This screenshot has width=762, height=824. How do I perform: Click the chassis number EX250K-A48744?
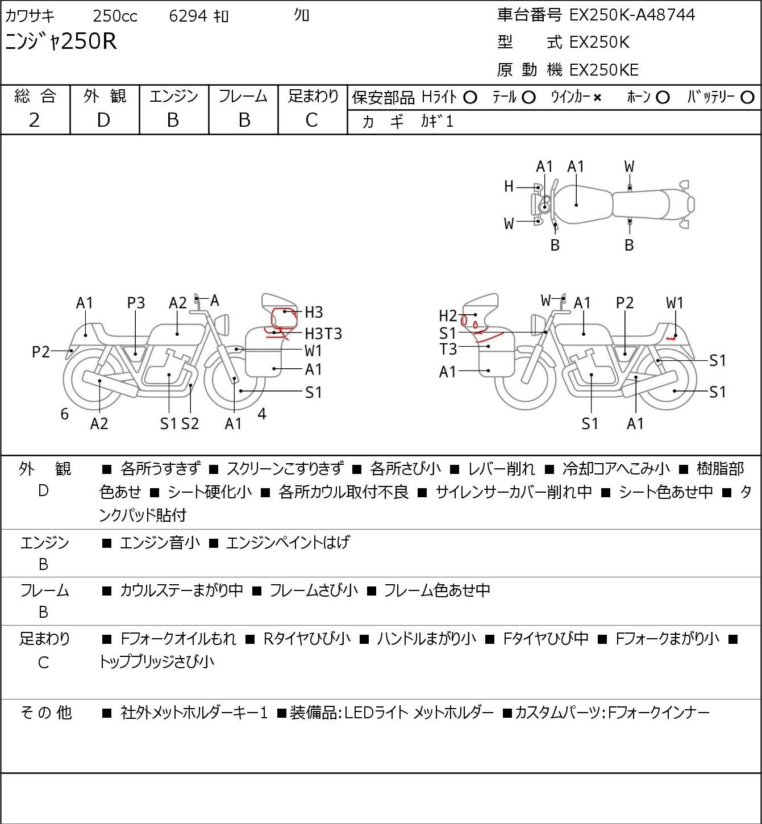[632, 15]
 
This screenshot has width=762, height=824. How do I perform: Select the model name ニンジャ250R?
[61, 41]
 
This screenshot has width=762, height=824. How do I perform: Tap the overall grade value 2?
[34, 120]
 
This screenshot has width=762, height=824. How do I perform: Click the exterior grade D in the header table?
[103, 120]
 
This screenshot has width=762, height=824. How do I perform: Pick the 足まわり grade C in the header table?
[311, 120]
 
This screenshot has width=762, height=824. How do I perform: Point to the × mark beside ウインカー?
[597, 98]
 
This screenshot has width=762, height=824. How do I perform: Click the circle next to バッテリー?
[747, 98]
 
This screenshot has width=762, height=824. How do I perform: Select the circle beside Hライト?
[470, 98]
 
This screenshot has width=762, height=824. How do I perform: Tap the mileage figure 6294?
[188, 16]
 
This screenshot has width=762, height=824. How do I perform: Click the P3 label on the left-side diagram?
[136, 303]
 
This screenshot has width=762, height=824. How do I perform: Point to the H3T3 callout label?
[323, 334]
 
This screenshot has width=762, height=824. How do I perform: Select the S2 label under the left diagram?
[190, 423]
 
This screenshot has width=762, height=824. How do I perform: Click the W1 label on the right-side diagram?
[675, 303]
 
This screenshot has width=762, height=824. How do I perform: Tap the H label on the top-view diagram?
[509, 187]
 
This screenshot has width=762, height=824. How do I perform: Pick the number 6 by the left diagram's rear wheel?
[64, 414]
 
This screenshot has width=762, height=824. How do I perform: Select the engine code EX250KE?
[604, 70]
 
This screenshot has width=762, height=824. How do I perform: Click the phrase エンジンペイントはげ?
[288, 542]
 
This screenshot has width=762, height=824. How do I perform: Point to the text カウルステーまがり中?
[181, 590]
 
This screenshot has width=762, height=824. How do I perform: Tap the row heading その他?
[45, 713]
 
